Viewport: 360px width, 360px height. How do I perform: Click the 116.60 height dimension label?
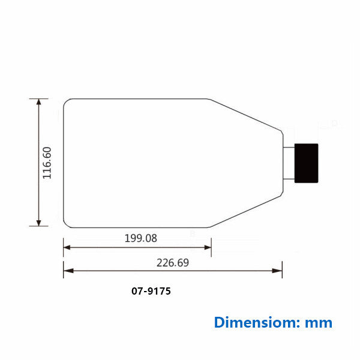click(47, 163)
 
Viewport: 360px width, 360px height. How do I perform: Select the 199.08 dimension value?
click(141, 238)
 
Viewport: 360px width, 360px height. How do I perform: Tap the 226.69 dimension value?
click(173, 263)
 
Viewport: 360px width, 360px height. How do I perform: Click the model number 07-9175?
click(151, 291)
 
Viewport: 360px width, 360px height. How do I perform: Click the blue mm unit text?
click(319, 323)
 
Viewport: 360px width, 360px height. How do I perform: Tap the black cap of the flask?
click(306, 163)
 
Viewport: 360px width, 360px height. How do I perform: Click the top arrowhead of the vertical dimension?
click(39, 102)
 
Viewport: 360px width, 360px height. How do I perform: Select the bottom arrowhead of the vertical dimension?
click(39, 223)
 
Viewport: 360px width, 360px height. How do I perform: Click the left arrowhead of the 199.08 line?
click(67, 247)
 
